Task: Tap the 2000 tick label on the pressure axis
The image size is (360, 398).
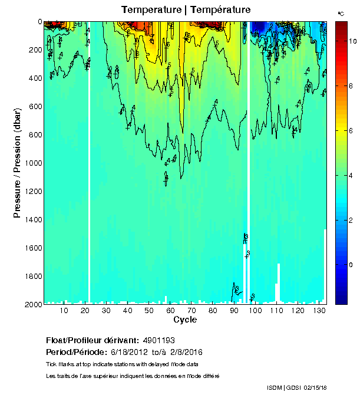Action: pyautogui.click(x=31, y=304)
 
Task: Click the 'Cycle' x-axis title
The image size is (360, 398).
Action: pyautogui.click(x=185, y=320)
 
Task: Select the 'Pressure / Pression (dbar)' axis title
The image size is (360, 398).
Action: pyautogui.click(x=18, y=163)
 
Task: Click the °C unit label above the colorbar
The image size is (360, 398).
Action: pyautogui.click(x=341, y=13)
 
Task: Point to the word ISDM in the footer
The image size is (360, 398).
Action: pyautogui.click(x=275, y=387)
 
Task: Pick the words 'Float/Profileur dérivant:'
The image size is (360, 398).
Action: pyautogui.click(x=92, y=341)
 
